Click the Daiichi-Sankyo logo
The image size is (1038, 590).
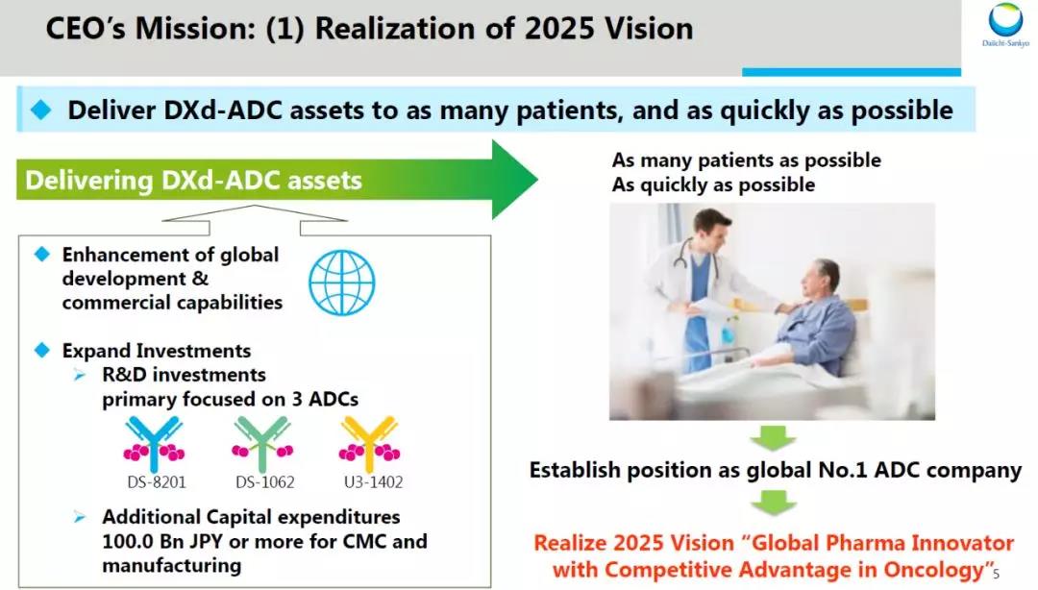[x=1005, y=25]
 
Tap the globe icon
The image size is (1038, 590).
[x=341, y=283]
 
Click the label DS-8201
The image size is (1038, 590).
[x=157, y=482]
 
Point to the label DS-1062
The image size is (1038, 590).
[x=265, y=482]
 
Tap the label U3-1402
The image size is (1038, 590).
[x=373, y=482]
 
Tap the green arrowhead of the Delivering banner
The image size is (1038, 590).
[x=513, y=180]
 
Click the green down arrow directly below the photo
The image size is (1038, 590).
[x=773, y=438]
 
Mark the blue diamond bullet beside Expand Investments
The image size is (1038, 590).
[x=42, y=350]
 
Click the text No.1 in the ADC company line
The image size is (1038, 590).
[x=843, y=470]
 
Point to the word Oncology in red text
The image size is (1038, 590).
[x=934, y=570]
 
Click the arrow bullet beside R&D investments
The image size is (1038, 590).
[x=80, y=376]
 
